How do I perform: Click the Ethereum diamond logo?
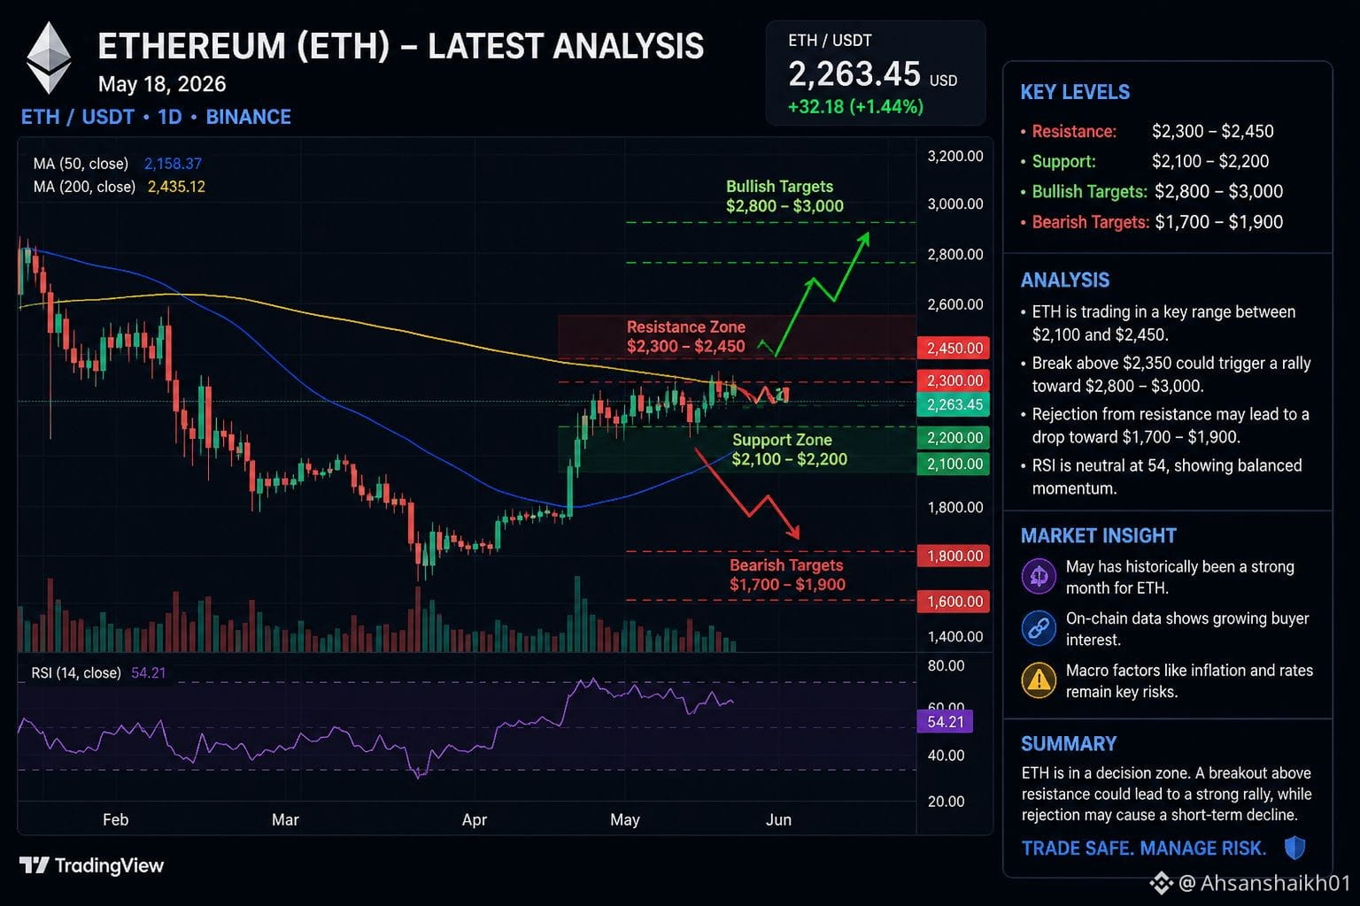(49, 58)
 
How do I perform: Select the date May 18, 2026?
(162, 84)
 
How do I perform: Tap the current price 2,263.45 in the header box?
(854, 74)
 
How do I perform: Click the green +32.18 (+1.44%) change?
(855, 107)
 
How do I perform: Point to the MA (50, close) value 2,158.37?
(173, 163)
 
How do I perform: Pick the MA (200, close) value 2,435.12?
(176, 187)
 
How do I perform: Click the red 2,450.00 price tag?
(954, 348)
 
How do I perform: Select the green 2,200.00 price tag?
(954, 438)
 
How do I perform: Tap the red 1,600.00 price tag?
(954, 602)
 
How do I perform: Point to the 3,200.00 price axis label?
(955, 156)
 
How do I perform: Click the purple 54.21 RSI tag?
(945, 721)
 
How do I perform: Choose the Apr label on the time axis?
(475, 820)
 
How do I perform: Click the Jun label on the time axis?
(778, 820)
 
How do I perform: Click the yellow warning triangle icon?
(1039, 679)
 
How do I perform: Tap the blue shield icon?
(1295, 848)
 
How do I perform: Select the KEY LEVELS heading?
(1075, 92)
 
